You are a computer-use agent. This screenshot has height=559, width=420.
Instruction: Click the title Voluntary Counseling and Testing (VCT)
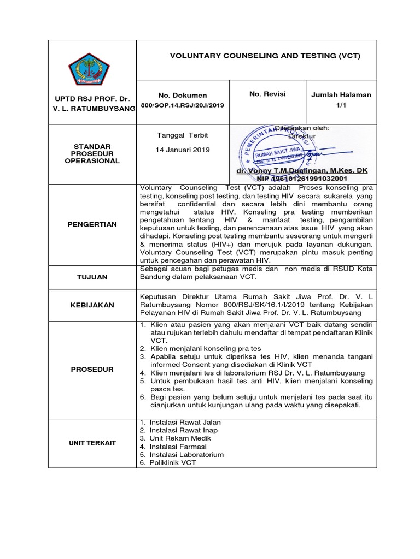[x=265, y=56]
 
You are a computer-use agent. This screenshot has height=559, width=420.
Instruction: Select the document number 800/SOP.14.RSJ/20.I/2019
[x=182, y=104]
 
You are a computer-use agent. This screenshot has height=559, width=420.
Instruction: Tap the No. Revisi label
[x=267, y=94]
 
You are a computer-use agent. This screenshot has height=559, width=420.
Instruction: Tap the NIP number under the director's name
[x=295, y=179]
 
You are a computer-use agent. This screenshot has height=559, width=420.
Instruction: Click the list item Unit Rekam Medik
[x=179, y=438]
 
